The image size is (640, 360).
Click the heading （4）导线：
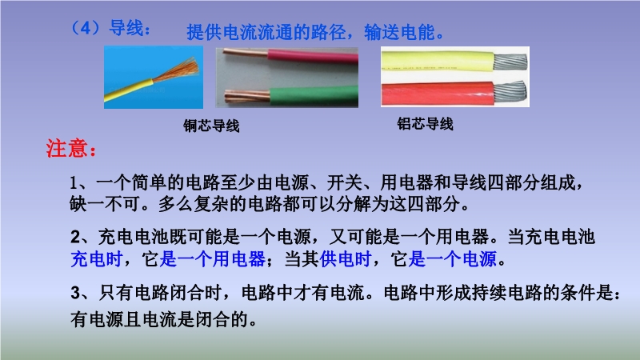(110, 29)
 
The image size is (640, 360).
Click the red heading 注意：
(71, 148)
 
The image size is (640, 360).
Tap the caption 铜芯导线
(211, 126)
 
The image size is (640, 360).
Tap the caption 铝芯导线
(425, 123)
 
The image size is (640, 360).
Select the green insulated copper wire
(314, 96)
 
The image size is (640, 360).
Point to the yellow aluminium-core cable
(438, 62)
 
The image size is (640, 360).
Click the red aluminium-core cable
(438, 94)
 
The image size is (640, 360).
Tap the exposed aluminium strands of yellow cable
(510, 62)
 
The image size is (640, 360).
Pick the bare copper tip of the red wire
(245, 54)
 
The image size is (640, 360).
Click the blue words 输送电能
(399, 32)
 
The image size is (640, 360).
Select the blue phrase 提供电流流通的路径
(266, 32)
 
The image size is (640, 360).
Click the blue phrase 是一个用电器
(213, 258)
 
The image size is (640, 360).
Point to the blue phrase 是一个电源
(453, 258)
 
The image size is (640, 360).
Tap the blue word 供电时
(346, 258)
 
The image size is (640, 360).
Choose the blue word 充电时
(97, 258)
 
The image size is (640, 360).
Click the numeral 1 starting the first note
(74, 182)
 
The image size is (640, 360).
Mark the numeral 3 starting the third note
(75, 293)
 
